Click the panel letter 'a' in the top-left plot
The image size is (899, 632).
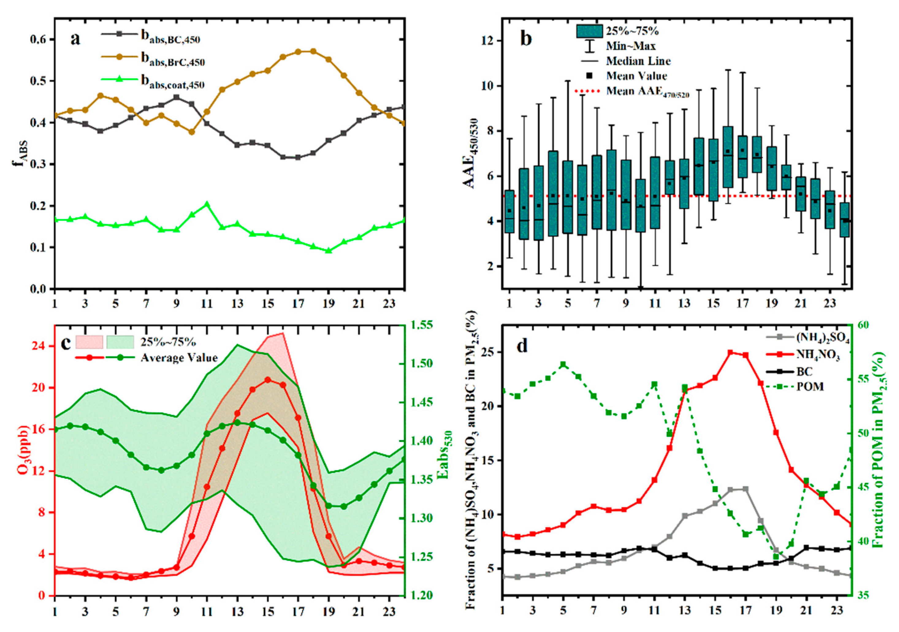point(75,39)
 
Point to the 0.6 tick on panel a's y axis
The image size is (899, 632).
point(38,40)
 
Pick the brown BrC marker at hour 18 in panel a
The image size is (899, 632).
point(313,51)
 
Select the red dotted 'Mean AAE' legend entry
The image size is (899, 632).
point(648,91)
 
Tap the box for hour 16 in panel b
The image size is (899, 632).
point(728,157)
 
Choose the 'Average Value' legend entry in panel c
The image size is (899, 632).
point(179,358)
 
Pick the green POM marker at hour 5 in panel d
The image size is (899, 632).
point(563,364)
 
